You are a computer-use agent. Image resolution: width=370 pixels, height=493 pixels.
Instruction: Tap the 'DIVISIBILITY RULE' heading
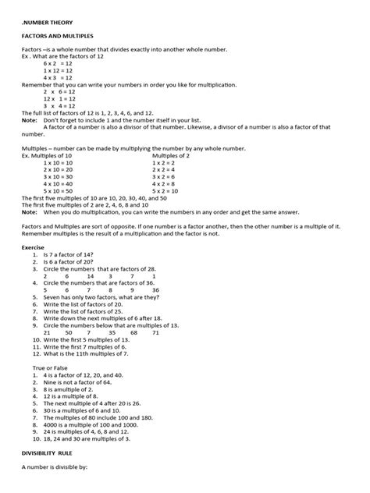pyautogui.click(x=53, y=462)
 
